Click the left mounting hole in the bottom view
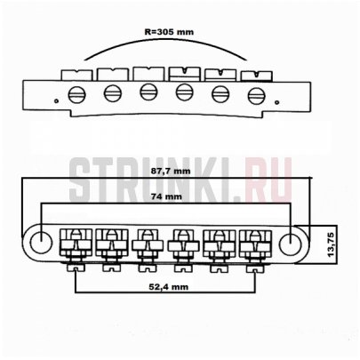[40, 240]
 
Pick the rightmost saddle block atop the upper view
[254, 75]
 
